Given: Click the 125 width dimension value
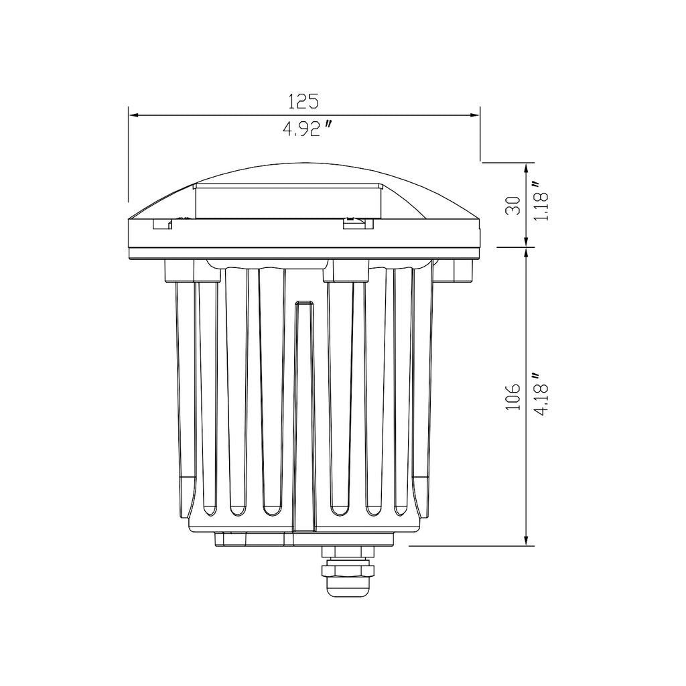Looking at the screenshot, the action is [x=303, y=102].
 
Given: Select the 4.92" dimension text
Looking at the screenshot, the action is [x=307, y=129].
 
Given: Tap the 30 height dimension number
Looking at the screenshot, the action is [x=513, y=205].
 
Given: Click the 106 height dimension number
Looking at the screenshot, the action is [x=513, y=397].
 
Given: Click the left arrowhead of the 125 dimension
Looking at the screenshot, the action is [x=133, y=115].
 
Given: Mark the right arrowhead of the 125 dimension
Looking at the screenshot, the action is [x=475, y=115].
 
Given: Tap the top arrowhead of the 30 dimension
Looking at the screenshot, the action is [x=527, y=167].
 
